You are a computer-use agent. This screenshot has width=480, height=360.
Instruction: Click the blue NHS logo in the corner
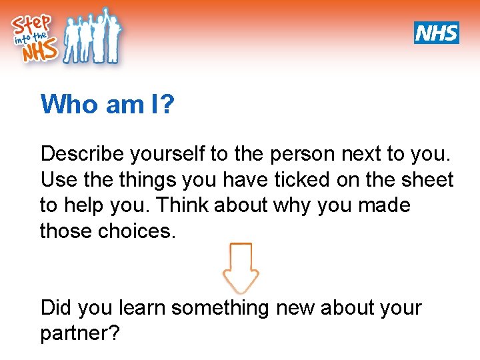[x=437, y=33]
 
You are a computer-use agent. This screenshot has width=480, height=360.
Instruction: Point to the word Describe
[x=83, y=154]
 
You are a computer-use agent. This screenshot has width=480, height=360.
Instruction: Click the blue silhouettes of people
[x=93, y=37]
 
